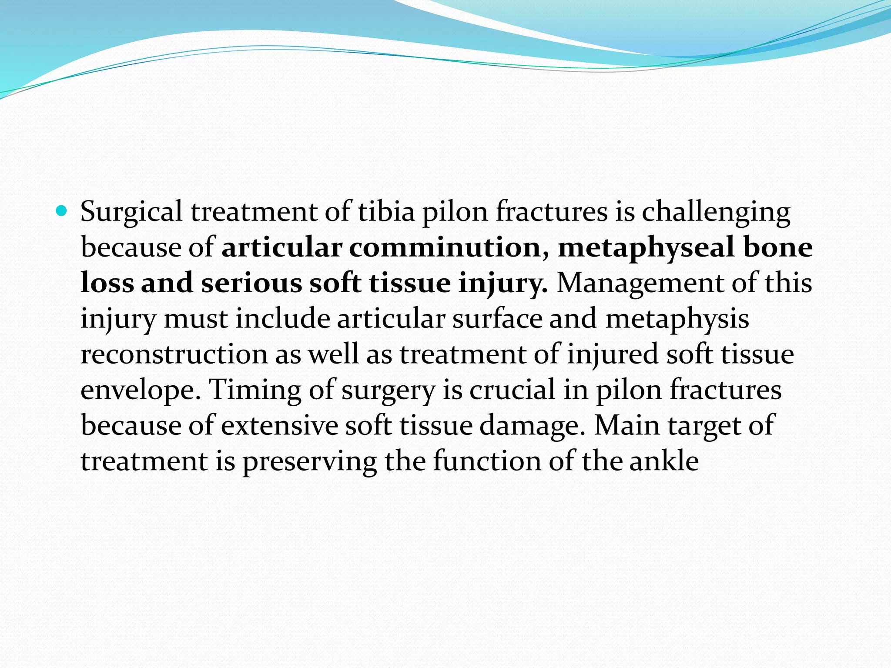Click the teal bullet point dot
coord(62,212)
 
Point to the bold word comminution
coord(445,247)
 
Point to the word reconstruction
coord(174,354)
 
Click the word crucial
coord(512,390)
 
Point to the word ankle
coord(664,461)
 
